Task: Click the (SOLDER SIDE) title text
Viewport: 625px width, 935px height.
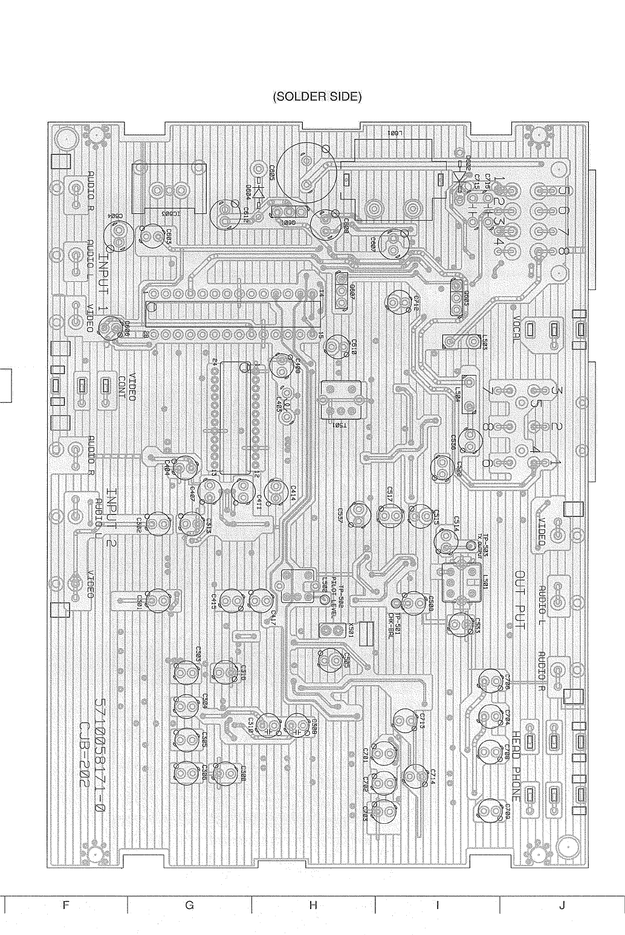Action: coord(317,97)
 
